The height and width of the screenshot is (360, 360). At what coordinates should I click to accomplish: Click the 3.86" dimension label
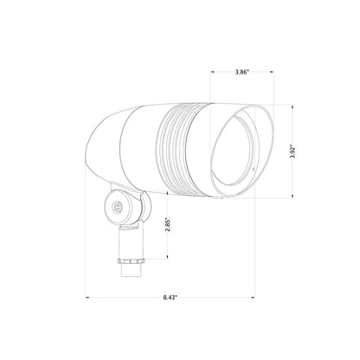241,72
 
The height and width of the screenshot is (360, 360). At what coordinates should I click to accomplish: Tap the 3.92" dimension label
293,151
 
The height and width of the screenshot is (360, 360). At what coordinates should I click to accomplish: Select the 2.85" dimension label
168,224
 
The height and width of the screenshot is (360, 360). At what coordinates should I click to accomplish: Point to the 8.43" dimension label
170,298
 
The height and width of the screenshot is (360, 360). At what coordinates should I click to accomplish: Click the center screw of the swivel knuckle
117,206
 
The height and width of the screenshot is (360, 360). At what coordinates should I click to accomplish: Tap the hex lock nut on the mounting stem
130,261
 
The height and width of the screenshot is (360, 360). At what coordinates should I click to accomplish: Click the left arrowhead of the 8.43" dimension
87,297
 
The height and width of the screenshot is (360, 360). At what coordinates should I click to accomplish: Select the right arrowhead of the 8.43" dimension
254,297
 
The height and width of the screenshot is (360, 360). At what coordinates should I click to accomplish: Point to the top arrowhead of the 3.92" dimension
292,107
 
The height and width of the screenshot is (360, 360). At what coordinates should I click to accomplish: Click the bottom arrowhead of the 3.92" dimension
292,196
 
